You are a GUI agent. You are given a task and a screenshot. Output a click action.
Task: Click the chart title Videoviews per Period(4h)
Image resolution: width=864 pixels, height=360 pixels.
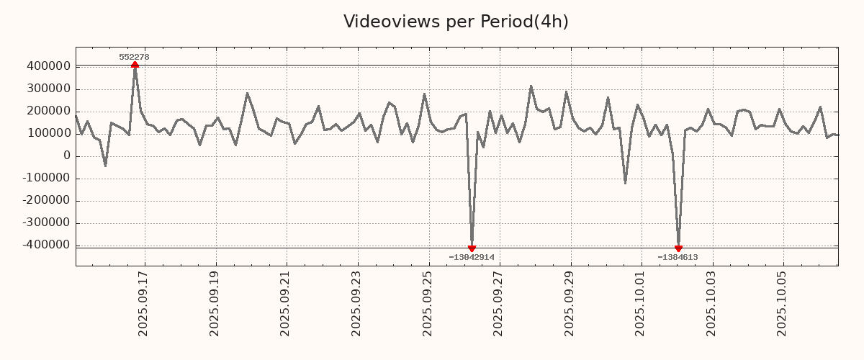pos(456,22)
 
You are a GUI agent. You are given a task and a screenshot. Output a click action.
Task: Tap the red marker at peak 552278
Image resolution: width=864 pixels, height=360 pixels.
pos(135,66)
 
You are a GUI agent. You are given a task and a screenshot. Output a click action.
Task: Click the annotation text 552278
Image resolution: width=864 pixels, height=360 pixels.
pos(134,57)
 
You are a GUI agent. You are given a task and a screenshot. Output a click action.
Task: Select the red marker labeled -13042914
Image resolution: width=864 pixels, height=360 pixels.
pos(472,248)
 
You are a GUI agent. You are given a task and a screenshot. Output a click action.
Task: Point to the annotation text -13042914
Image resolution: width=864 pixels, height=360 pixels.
pos(472,257)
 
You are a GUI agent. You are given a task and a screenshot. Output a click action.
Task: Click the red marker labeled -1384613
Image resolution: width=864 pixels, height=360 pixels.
pos(678,248)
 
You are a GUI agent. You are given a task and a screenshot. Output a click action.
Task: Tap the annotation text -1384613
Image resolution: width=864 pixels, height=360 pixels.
pos(678,257)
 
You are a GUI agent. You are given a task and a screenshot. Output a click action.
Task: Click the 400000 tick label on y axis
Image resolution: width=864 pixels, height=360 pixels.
pos(48,66)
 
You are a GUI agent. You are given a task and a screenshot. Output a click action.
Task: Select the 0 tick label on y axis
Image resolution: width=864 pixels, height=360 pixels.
pos(67,156)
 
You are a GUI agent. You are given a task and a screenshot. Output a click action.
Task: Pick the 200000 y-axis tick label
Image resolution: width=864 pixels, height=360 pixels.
pos(48,111)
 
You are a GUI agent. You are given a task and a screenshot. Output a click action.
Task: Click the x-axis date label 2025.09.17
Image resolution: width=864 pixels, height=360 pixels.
pos(143,303)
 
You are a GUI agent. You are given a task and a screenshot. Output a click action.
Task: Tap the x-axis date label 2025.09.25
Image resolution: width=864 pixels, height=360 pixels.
pos(427,303)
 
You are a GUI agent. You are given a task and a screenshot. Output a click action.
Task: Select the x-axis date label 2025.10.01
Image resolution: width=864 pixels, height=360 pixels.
pos(640,303)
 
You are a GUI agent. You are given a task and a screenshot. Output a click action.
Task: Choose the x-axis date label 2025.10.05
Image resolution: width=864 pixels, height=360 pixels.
pos(783,303)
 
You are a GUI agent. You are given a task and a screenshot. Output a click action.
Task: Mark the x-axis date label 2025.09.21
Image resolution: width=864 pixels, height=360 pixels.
pos(284,303)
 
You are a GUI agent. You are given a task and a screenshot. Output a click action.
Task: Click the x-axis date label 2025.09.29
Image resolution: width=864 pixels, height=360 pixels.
pos(569,303)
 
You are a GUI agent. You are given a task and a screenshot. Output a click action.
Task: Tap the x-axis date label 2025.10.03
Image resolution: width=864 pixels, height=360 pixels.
pos(711,303)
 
